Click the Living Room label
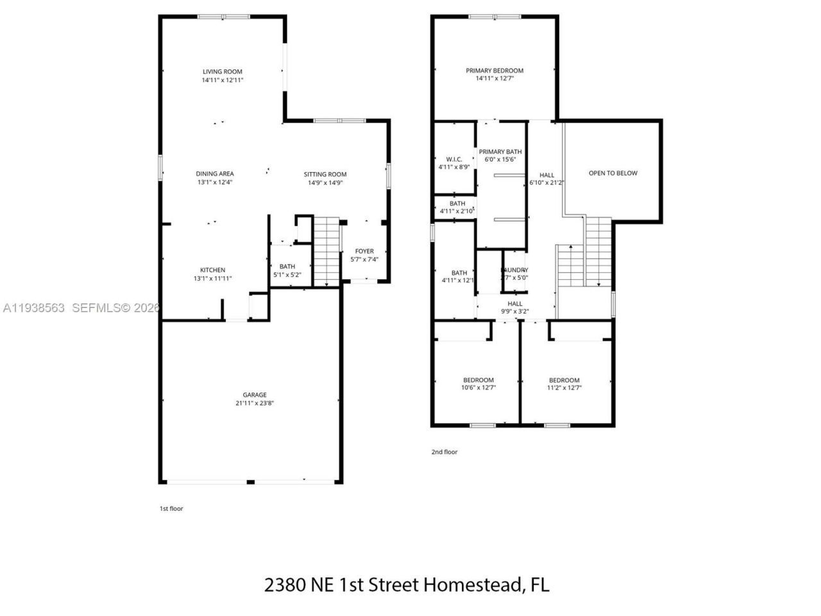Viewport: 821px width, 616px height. [x=223, y=72]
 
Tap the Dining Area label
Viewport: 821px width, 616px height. [x=215, y=173]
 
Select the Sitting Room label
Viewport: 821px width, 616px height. [x=325, y=174]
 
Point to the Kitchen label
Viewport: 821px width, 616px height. [x=212, y=270]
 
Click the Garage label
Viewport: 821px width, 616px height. [x=255, y=395]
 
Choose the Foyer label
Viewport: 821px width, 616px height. [x=364, y=251]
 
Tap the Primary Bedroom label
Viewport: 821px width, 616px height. [x=495, y=71]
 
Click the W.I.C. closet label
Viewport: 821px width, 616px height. [x=454, y=159]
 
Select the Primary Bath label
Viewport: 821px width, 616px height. [x=500, y=152]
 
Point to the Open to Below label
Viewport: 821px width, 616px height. [x=613, y=173]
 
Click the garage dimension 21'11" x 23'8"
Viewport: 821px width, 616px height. [x=255, y=403]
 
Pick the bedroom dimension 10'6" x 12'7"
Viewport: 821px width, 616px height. [x=478, y=388]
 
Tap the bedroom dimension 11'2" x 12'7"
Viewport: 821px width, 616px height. [x=564, y=388]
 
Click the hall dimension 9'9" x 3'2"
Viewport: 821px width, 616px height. [x=515, y=311]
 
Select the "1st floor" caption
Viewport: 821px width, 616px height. [x=171, y=508]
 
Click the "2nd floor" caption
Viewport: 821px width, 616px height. [x=444, y=452]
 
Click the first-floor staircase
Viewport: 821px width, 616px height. [x=326, y=250]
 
